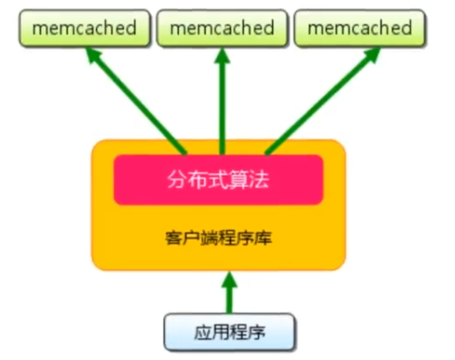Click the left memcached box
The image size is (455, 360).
[85, 28]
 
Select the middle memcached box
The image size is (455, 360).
[222, 28]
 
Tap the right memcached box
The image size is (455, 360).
[359, 28]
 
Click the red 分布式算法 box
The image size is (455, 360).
[218, 180]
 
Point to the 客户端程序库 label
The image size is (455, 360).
[218, 237]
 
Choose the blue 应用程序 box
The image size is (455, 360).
[229, 332]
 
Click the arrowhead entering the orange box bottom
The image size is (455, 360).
[229, 280]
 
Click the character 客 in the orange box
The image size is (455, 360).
[171, 237]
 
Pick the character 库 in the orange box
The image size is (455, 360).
[265, 237]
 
